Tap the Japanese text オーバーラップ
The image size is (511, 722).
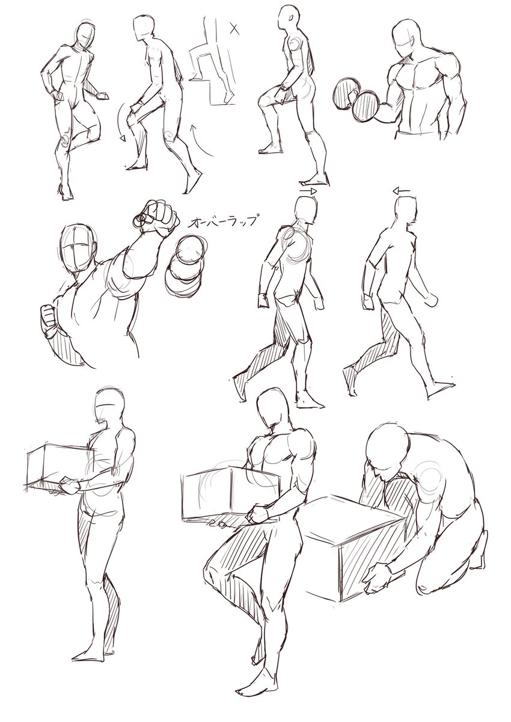[223, 222]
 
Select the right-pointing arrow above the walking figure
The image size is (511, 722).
[308, 191]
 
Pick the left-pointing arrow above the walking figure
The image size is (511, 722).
[401, 191]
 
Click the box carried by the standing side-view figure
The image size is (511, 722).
[58, 466]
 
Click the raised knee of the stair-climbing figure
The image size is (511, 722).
[266, 100]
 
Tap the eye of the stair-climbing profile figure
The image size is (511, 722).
[292, 17]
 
